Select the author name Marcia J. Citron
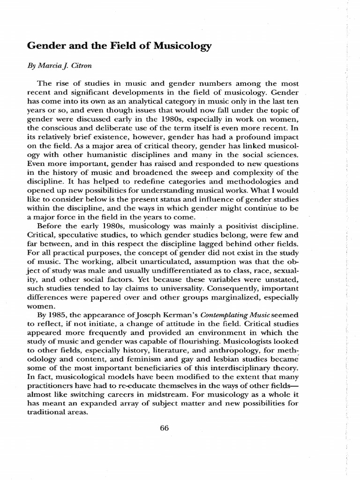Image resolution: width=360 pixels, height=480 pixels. [x=65, y=67]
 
